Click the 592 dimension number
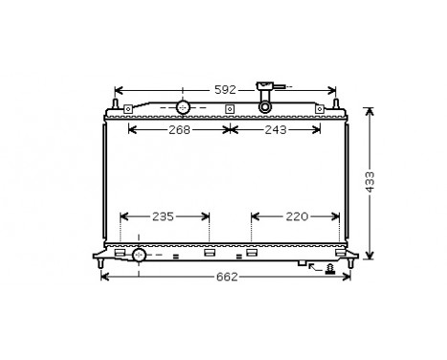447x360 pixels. (x=224, y=89)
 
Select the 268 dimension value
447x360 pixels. (x=177, y=129)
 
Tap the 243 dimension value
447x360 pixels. (x=275, y=129)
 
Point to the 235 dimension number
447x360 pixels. (x=163, y=216)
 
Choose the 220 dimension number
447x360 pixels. (x=297, y=216)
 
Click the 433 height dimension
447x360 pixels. (x=369, y=181)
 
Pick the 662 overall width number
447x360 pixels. (x=226, y=277)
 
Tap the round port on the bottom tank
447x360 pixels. (x=139, y=255)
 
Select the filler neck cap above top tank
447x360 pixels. (x=265, y=89)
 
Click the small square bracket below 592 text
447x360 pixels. (x=229, y=107)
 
